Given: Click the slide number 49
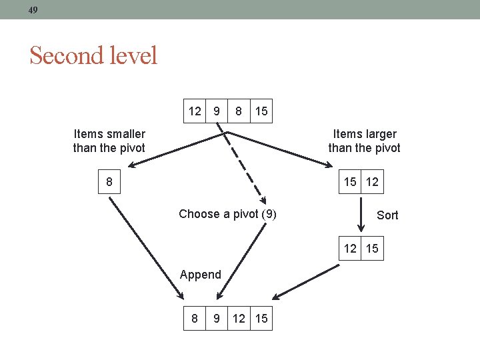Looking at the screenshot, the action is click(x=33, y=9).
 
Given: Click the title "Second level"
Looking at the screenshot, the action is click(x=93, y=55).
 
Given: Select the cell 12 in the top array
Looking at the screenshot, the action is click(x=195, y=111).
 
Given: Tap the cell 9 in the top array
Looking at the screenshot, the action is click(x=216, y=111).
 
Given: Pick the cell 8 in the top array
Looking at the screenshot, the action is click(x=238, y=111).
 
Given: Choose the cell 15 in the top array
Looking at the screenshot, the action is click(x=261, y=111).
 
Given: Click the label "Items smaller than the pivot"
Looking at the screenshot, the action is click(x=109, y=141).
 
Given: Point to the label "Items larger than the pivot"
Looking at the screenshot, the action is click(x=364, y=141).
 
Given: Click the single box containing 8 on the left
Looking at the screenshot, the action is click(x=109, y=181).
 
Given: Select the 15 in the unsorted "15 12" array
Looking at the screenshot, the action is click(x=349, y=181).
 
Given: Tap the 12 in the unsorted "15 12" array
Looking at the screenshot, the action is click(x=372, y=181).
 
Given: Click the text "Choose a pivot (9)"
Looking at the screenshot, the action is click(x=227, y=214).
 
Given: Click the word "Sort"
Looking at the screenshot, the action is click(x=387, y=215).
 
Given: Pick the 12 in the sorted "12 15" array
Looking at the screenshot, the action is click(x=349, y=249).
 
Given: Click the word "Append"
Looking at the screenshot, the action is click(x=201, y=275).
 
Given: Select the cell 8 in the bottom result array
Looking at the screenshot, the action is click(x=195, y=319).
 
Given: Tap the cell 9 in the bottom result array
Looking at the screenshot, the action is click(x=216, y=319).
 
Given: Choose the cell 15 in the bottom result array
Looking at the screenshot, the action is click(x=261, y=319).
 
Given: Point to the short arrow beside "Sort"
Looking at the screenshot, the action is click(x=360, y=215).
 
